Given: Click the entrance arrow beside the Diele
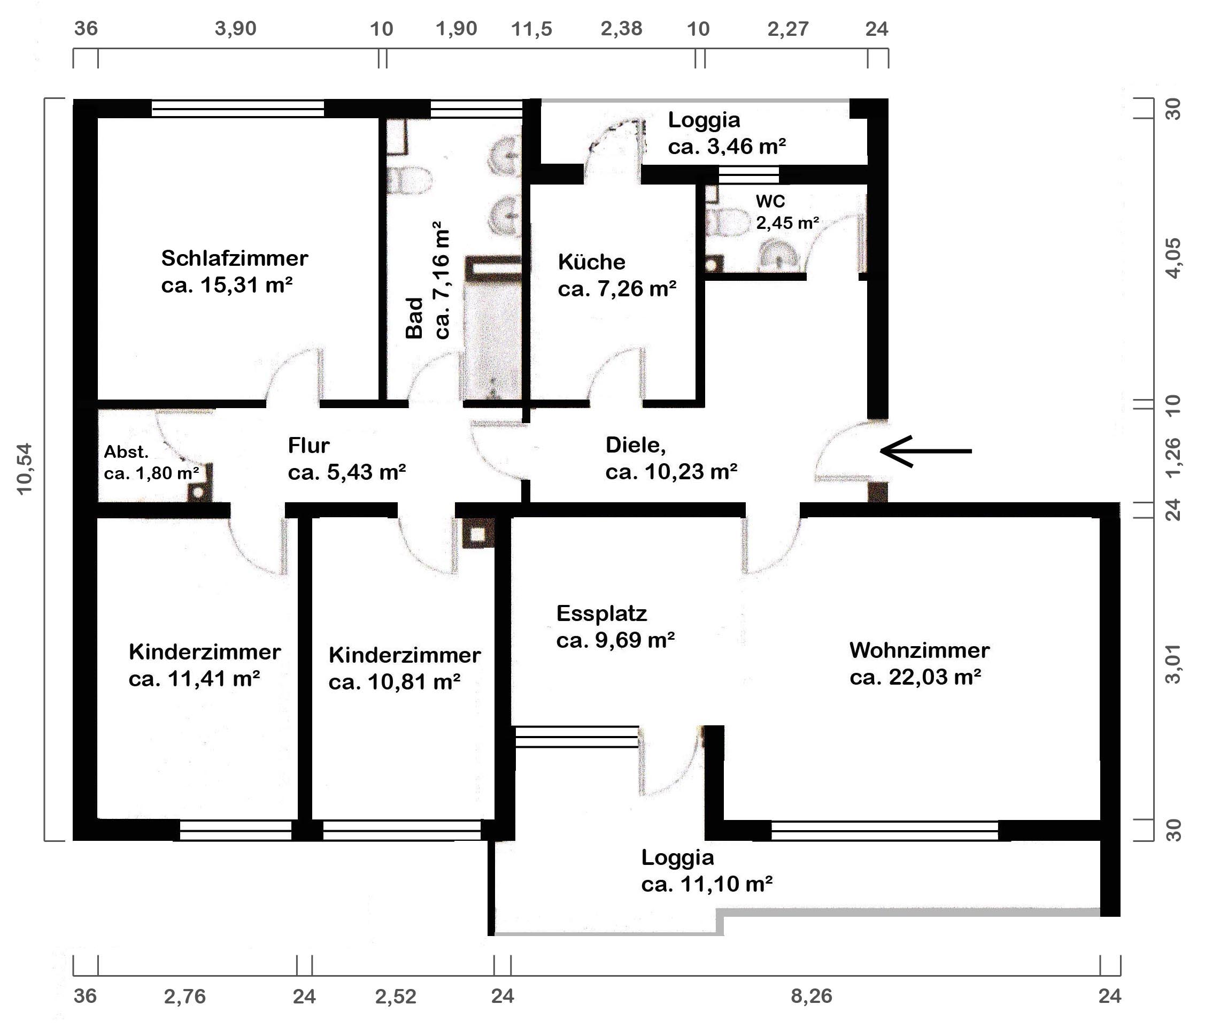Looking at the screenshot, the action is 925,451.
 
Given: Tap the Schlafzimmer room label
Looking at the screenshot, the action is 234,258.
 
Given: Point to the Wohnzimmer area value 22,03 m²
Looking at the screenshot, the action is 916,677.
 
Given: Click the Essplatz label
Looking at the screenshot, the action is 601,613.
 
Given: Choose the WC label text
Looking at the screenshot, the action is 770,201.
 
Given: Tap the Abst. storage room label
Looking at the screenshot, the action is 126,451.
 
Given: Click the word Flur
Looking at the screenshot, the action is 308,446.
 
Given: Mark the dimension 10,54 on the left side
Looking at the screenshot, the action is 25,469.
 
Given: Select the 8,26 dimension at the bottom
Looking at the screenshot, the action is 812,996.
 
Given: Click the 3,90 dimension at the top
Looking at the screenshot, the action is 236,28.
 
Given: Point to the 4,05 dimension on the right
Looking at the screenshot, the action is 1174,258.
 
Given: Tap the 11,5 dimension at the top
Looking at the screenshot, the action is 531,28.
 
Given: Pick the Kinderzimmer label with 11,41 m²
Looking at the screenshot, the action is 205,665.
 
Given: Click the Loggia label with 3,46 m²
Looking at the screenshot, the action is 727,133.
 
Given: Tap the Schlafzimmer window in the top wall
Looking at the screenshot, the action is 238,109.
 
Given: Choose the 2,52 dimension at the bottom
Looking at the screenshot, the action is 396,996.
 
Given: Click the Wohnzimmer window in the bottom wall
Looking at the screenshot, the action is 885,830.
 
